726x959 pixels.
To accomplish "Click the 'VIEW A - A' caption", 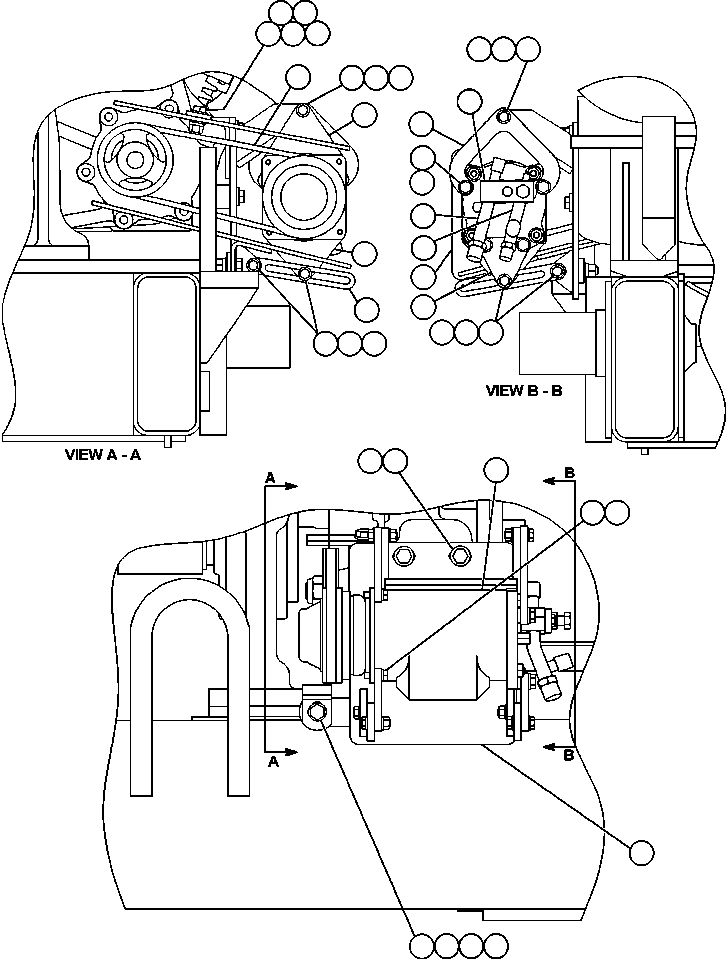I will point(105,453).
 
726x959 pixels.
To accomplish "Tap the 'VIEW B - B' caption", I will point(523,391).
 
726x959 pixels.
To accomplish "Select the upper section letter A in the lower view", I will point(270,480).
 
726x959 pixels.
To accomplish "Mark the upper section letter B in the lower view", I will point(568,472).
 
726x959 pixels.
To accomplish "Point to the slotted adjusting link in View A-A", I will point(300,273).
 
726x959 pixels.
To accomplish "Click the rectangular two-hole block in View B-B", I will point(507,189).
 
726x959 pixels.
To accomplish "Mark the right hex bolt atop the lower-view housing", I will point(459,555).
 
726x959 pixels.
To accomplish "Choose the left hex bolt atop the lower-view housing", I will point(404,555).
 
